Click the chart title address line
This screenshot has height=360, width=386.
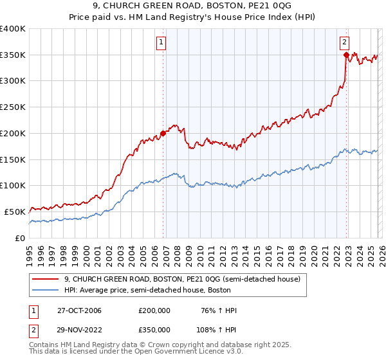tap(193, 6)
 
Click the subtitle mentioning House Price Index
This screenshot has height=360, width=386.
tap(193, 17)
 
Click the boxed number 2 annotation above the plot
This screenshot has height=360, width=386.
tap(344, 42)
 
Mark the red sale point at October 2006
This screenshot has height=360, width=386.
tap(163, 133)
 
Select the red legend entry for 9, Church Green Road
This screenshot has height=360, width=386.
tap(182, 280)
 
